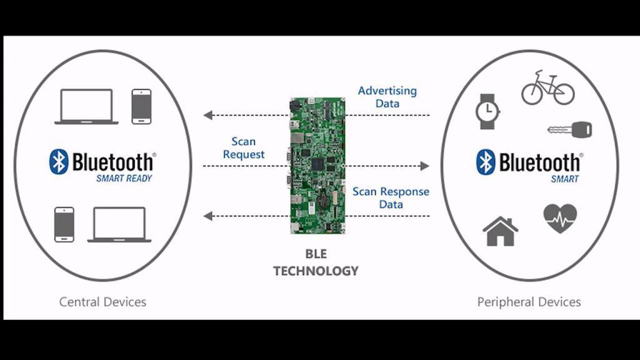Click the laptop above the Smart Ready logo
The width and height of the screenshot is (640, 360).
pos(87,107)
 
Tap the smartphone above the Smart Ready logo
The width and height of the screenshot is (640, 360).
pos(141,106)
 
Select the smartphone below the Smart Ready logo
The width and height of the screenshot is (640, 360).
pos(64,224)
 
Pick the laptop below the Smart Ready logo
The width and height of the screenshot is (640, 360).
pos(119,224)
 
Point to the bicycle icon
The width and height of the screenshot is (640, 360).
pos(547,89)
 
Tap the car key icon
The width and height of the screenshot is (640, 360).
pos(569,130)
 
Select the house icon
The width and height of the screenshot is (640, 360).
pos(500,231)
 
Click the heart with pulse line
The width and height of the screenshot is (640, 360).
pos(560,219)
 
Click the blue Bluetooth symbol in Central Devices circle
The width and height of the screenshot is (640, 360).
pos(58,162)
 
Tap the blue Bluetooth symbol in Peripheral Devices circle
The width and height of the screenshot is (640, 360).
pos(486,162)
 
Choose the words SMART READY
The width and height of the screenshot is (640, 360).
pos(124,178)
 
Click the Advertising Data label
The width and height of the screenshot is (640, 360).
pos(387,97)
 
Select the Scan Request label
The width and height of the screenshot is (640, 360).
pos(244,148)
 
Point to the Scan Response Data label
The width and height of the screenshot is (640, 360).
pos(391,197)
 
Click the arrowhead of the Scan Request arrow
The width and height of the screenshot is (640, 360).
pos(425,166)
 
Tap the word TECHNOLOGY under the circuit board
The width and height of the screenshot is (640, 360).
pos(316,271)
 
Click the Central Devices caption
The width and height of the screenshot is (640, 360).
pos(102,302)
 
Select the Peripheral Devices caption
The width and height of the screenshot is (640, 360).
pos(529,302)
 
